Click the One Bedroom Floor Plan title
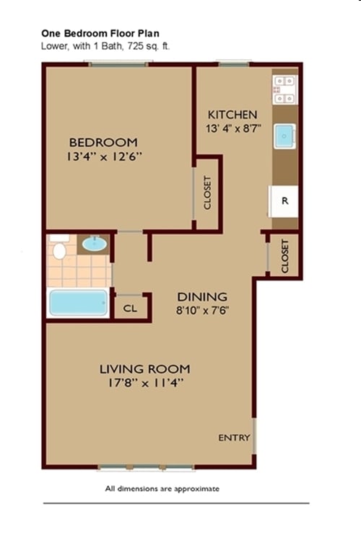coord(100,33)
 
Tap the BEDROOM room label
coord(103,142)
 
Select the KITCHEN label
coord(232,115)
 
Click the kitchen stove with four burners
coord(284,89)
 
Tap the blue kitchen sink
coord(284,135)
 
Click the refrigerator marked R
coord(284,201)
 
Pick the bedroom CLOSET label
coord(207,193)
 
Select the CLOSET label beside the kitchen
coord(284,256)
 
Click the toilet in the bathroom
coord(59,249)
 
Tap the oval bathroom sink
coord(94,244)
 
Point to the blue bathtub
coord(78,302)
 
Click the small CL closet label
coord(130,308)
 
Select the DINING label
coord(203,296)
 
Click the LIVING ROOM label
coord(144,369)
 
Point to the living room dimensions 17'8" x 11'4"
coord(144,384)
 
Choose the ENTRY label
coord(235,438)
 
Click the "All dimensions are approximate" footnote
coord(162,489)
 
